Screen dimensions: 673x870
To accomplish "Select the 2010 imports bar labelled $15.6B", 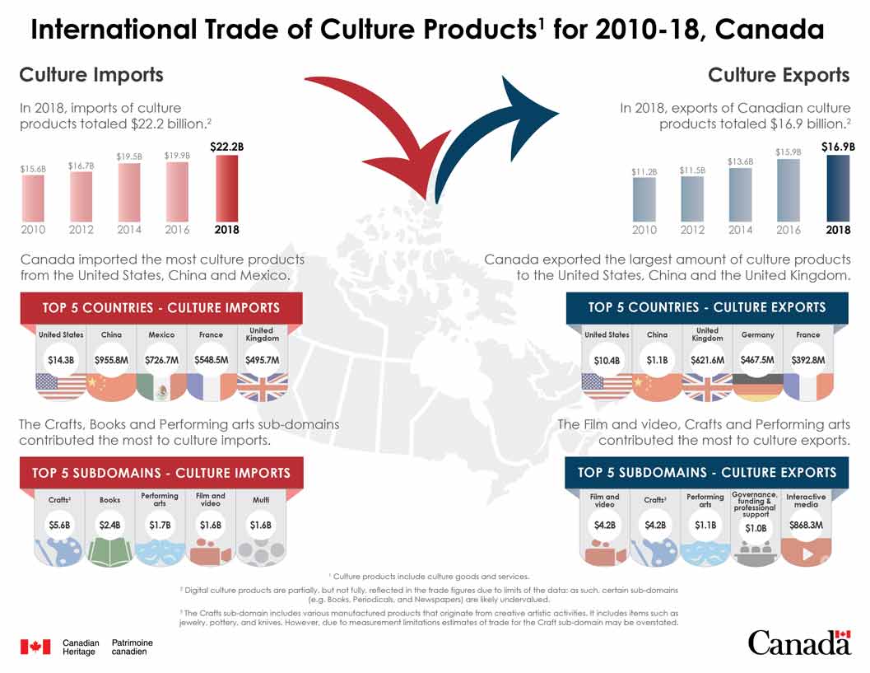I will [x=33, y=198].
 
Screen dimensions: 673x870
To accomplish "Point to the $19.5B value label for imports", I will [x=129, y=156].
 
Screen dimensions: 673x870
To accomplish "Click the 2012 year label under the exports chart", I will [x=693, y=230].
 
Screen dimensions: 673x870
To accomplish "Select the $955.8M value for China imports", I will [x=111, y=359].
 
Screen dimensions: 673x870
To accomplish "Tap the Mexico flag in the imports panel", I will [x=161, y=387].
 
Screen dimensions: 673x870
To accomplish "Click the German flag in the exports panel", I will [x=757, y=387].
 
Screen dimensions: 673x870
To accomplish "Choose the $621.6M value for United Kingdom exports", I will [x=707, y=359].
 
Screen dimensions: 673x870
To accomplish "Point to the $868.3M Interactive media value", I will [x=806, y=524].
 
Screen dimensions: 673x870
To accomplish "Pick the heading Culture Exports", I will [x=778, y=75].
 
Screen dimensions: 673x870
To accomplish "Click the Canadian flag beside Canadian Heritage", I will [x=35, y=647].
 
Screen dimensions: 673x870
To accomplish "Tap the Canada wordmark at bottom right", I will [x=798, y=642].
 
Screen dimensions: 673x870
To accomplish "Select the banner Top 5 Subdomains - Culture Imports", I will [x=161, y=473].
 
